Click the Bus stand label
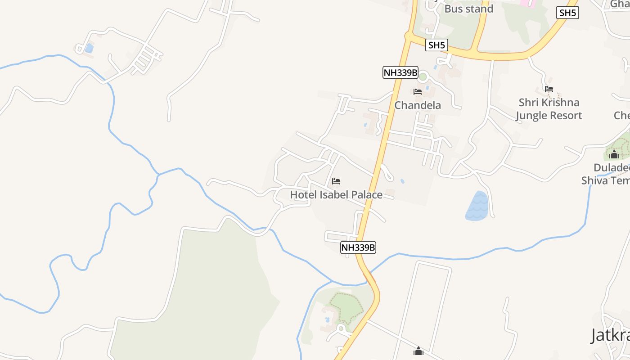coord(468,9)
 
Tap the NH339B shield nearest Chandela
coord(400,72)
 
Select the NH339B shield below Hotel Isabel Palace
coord(358,247)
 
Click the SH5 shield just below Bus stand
coord(436,45)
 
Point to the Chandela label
coord(418,105)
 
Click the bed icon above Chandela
coord(418,92)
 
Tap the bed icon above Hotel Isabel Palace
coord(336,181)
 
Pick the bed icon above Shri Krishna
coord(549,89)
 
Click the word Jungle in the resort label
coord(532,116)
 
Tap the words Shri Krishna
coord(549,103)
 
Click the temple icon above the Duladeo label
coord(614,155)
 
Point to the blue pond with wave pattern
coord(477,206)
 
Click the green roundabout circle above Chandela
coord(422,77)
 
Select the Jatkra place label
coord(610,335)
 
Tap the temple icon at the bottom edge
coord(418,351)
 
